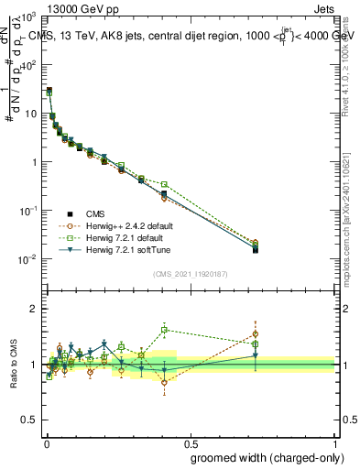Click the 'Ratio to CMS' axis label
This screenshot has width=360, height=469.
coord(12,365)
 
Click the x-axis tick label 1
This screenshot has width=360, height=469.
coord(334,443)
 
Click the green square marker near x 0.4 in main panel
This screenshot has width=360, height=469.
coord(164,184)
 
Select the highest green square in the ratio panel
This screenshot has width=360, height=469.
coord(164,330)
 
